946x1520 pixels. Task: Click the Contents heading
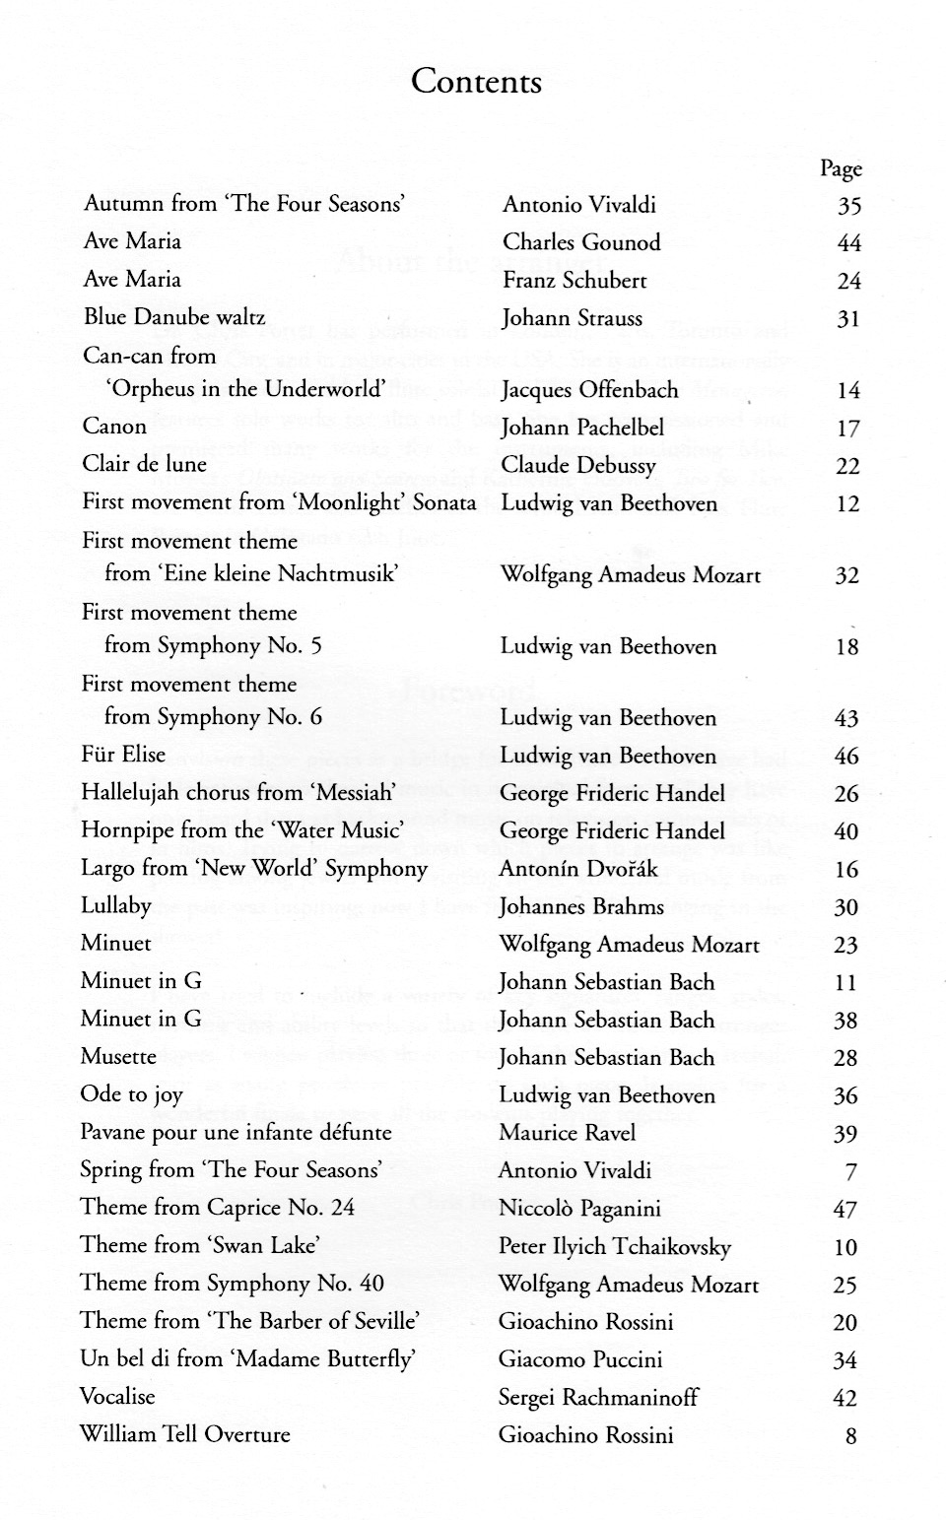476,81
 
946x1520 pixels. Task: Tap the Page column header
841,168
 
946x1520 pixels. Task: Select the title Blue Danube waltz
174,317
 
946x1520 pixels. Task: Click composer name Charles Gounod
581,242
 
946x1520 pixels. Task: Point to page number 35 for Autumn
848,206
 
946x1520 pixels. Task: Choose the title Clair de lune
145,464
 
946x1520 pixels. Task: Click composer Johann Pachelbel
582,428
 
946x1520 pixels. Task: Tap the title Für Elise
123,755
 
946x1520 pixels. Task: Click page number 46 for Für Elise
845,757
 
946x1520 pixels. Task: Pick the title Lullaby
116,906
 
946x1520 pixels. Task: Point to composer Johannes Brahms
581,906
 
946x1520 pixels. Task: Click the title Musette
118,1057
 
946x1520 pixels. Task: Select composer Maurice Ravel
567,1133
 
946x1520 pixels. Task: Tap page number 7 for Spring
850,1172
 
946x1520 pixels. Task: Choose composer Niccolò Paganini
579,1209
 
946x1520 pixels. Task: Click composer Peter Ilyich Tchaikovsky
615,1247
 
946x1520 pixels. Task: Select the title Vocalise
117,1397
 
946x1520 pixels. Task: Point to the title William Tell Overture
185,1434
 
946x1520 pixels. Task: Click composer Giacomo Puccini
580,1359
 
